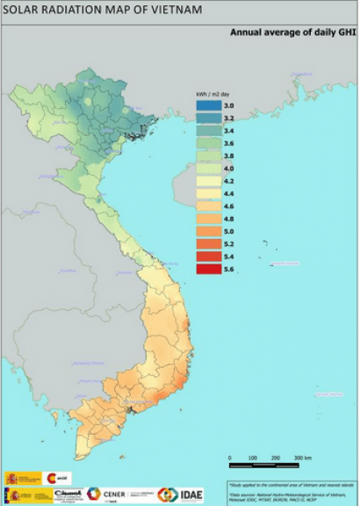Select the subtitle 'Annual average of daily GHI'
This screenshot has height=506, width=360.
[x=292, y=30]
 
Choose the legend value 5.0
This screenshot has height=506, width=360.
[x=229, y=230]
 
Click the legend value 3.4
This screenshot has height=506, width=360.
[x=229, y=130]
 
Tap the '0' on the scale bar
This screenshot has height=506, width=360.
[x=230, y=459]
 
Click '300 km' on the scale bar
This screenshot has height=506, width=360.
[x=303, y=459]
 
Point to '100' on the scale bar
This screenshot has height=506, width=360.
[x=253, y=459]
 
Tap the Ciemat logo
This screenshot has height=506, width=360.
[x=67, y=495]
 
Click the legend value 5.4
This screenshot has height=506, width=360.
[x=229, y=256]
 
